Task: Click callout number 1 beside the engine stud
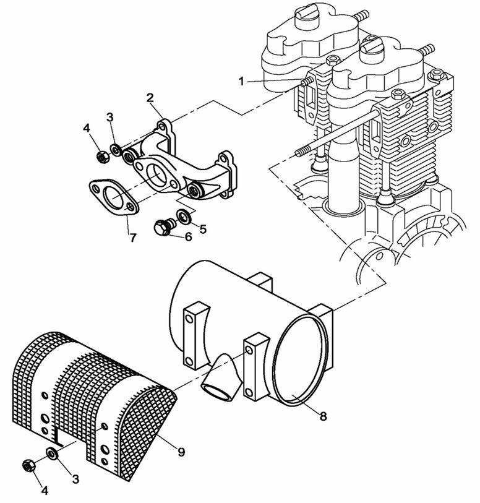(242, 80)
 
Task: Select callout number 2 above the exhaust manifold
(150, 97)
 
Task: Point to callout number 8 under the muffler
(322, 416)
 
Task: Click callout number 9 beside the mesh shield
(181, 452)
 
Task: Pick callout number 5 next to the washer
(202, 228)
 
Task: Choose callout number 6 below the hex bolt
(187, 236)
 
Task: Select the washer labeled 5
(184, 216)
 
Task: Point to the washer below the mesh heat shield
(53, 455)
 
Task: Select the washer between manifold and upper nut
(116, 151)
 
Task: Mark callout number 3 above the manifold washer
(109, 118)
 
